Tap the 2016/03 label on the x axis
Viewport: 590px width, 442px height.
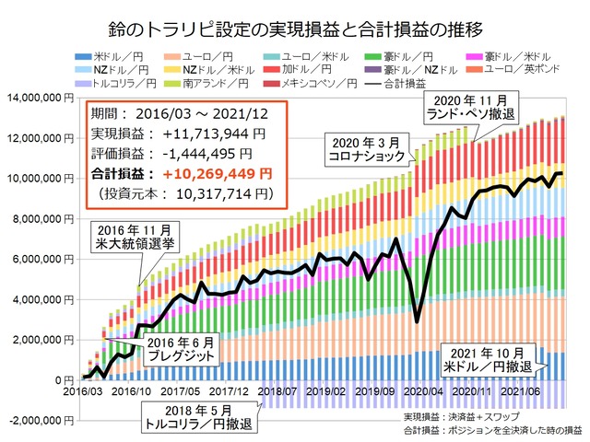(84, 390)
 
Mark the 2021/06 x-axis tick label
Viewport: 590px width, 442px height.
(518, 390)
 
